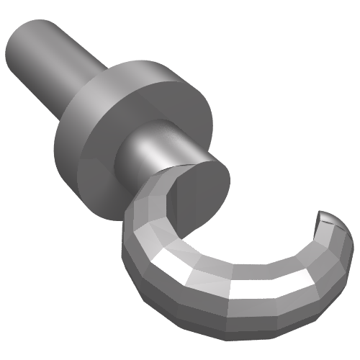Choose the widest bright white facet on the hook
point(259,288)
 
